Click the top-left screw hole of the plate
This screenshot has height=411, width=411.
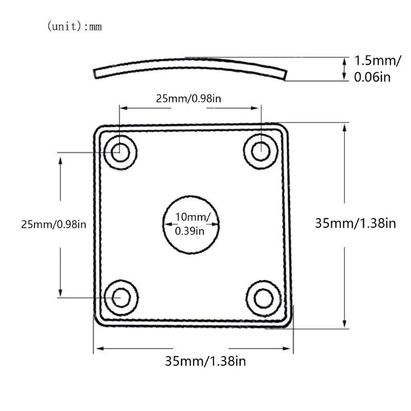point(121,152)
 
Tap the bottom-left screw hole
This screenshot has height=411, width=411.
point(122,297)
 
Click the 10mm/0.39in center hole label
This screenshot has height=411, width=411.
point(191,224)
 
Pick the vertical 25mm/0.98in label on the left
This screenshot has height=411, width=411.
point(53,225)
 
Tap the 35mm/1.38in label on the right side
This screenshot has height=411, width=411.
point(355,223)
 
